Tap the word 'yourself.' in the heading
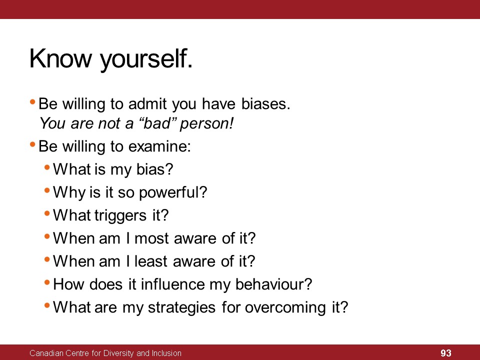146,60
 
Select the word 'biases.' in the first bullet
265,104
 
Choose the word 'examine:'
159,146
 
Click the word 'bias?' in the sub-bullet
154,169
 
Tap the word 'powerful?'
173,193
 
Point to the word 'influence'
173,284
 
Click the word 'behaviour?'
273,284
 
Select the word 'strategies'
182,308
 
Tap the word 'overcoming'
285,308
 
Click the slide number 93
445,353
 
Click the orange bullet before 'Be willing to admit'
32,101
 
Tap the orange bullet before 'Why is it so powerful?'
47,190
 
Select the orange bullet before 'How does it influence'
47,282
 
